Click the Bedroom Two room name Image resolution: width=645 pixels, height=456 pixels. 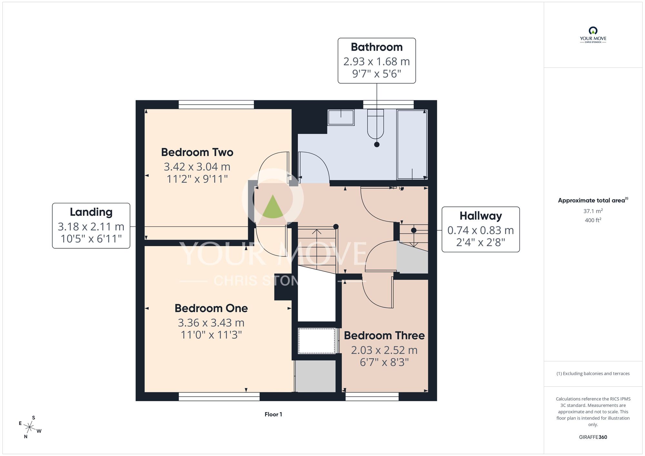197,152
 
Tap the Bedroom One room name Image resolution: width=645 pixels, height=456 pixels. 211,308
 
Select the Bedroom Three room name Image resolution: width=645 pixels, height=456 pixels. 384,335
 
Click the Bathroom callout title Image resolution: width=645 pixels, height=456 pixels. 377,47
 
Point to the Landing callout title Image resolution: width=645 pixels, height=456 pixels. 91,212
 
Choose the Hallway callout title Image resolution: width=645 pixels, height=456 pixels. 481,216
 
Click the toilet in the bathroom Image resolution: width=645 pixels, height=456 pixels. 375,124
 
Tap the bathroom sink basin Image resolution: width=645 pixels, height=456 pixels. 341,117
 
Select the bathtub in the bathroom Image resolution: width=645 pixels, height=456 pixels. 412,144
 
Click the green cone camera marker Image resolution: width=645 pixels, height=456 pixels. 273,207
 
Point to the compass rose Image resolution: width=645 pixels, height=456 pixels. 30,428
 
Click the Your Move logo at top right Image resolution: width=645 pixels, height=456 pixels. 593,35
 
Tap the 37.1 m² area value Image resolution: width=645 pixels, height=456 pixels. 593,211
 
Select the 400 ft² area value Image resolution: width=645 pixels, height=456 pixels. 593,220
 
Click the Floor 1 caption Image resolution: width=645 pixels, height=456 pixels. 273,414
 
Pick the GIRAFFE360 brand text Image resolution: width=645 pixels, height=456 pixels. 593,437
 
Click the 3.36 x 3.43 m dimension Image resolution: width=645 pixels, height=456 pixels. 211,323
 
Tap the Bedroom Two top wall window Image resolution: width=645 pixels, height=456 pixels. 216,104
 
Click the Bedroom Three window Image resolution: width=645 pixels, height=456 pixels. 372,397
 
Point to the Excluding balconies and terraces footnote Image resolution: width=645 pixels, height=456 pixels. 593,373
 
